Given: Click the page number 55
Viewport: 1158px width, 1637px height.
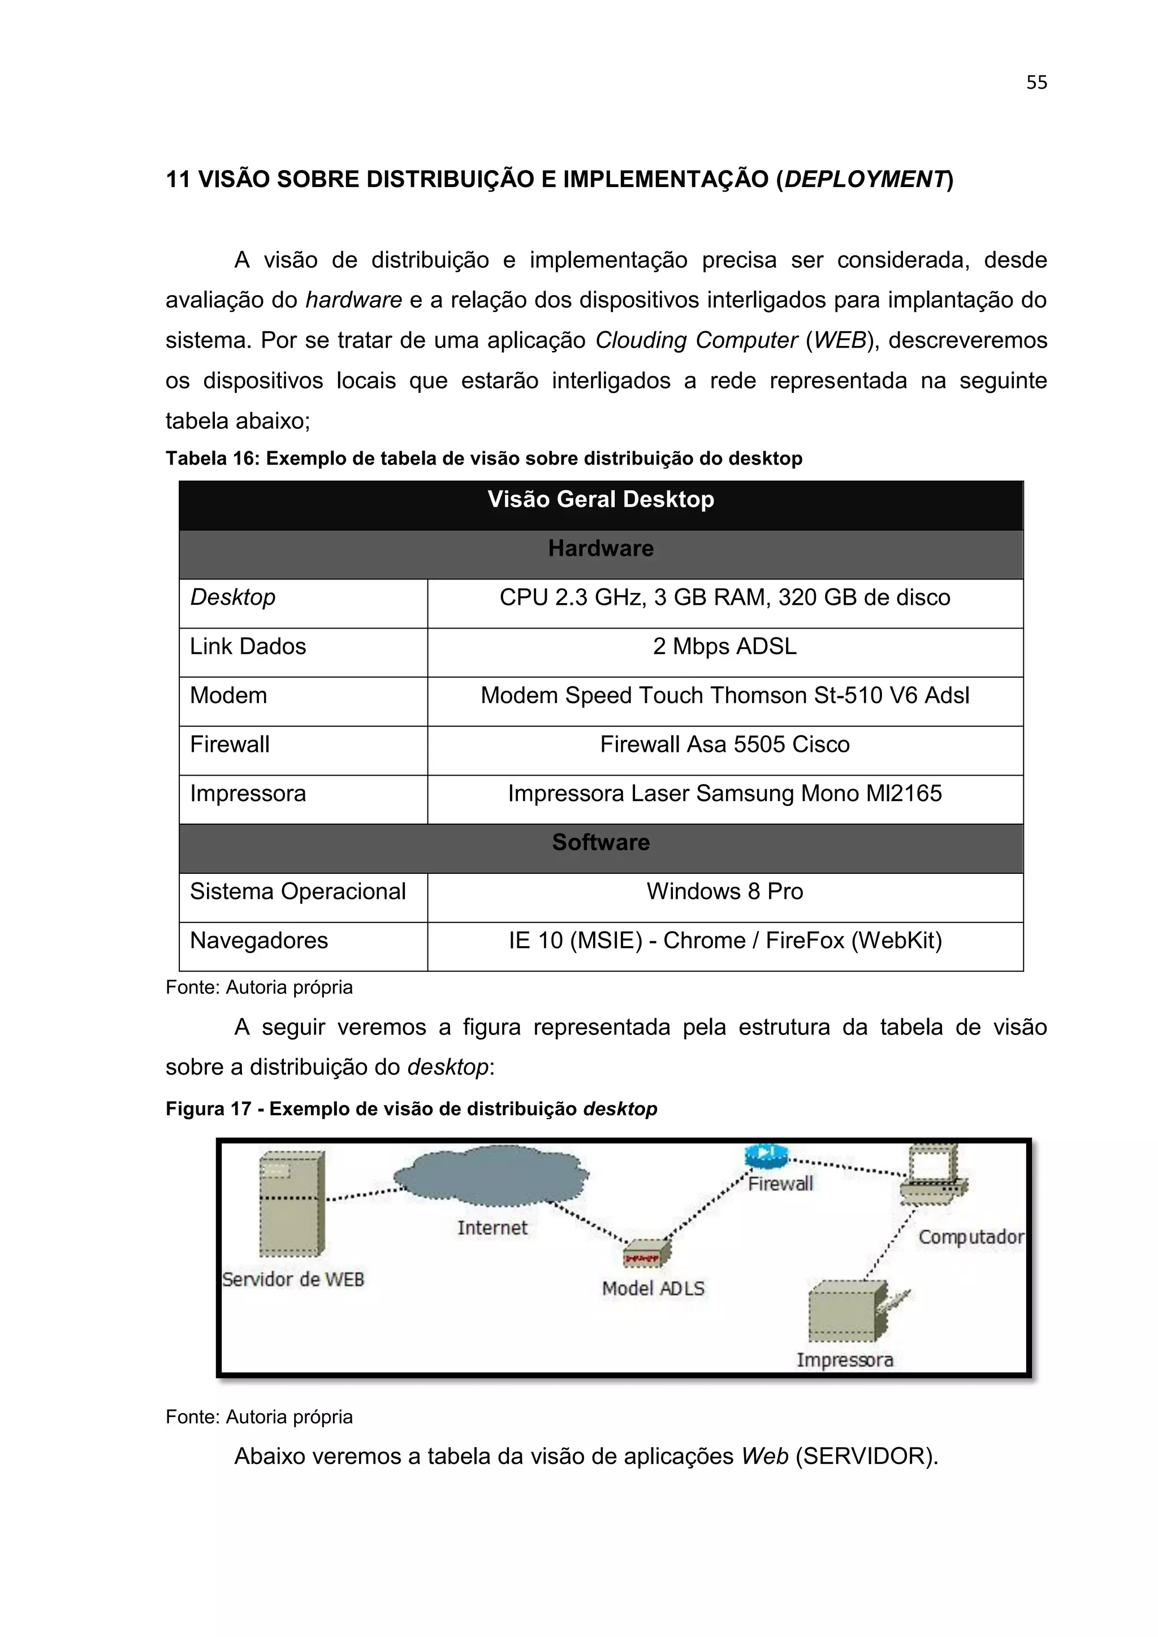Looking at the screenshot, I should pos(1036,83).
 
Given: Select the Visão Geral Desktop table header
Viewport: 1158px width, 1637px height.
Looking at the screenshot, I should pos(600,500).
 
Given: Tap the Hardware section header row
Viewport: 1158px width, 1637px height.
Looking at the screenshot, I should pos(600,549).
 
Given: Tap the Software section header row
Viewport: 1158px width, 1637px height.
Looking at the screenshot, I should pos(600,843).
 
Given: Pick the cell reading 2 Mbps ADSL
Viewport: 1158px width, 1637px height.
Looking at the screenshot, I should pos(724,647).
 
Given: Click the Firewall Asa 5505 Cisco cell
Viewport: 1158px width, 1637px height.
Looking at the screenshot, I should pos(724,745).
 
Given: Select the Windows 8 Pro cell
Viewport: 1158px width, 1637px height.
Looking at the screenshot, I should pos(724,892).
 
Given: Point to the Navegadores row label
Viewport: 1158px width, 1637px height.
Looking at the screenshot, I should pos(259,941).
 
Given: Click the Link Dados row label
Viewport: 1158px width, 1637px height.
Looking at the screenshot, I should pos(248,647).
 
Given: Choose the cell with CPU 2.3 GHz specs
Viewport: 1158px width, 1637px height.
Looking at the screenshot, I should pos(724,597).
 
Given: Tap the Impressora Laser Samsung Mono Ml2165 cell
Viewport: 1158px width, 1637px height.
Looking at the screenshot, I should pos(724,794).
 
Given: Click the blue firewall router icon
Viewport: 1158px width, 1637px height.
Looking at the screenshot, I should pos(765,1156).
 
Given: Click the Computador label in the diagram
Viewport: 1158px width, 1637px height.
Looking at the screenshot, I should pos(970,1237).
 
